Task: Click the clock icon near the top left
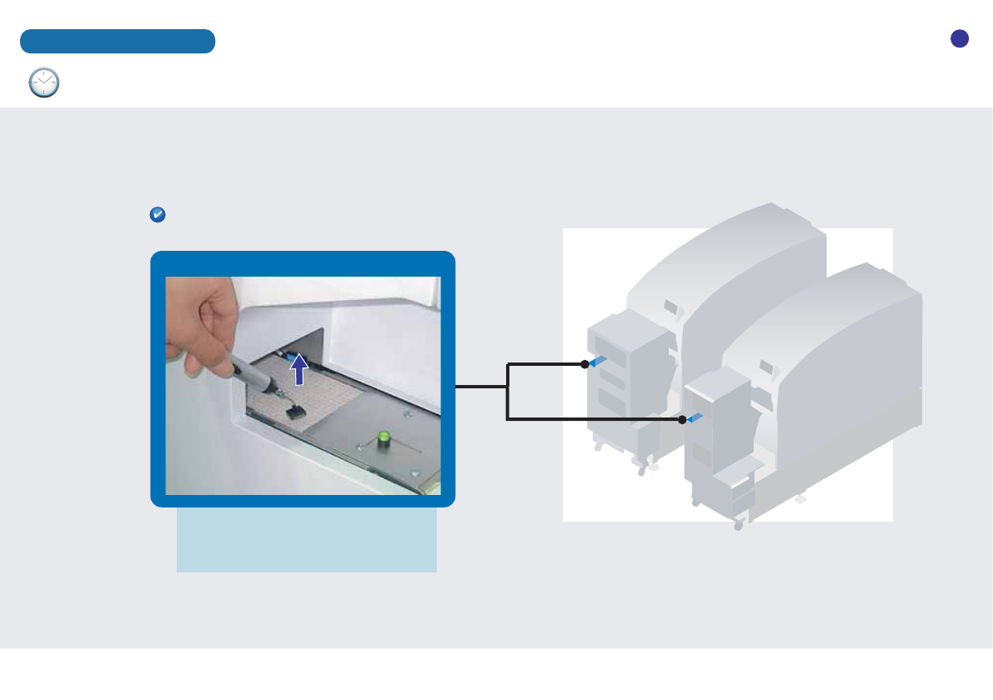tap(44, 83)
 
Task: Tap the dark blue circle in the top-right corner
tap(960, 38)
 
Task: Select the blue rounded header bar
tap(118, 41)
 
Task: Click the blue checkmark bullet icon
tap(157, 215)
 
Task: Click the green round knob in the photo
tap(384, 437)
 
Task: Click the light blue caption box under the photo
tap(306, 541)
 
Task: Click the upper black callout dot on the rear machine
tap(584, 364)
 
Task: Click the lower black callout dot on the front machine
tap(682, 420)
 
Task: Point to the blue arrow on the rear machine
tap(598, 361)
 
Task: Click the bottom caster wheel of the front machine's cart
tap(739, 526)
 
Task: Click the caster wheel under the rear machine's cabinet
tap(641, 470)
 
